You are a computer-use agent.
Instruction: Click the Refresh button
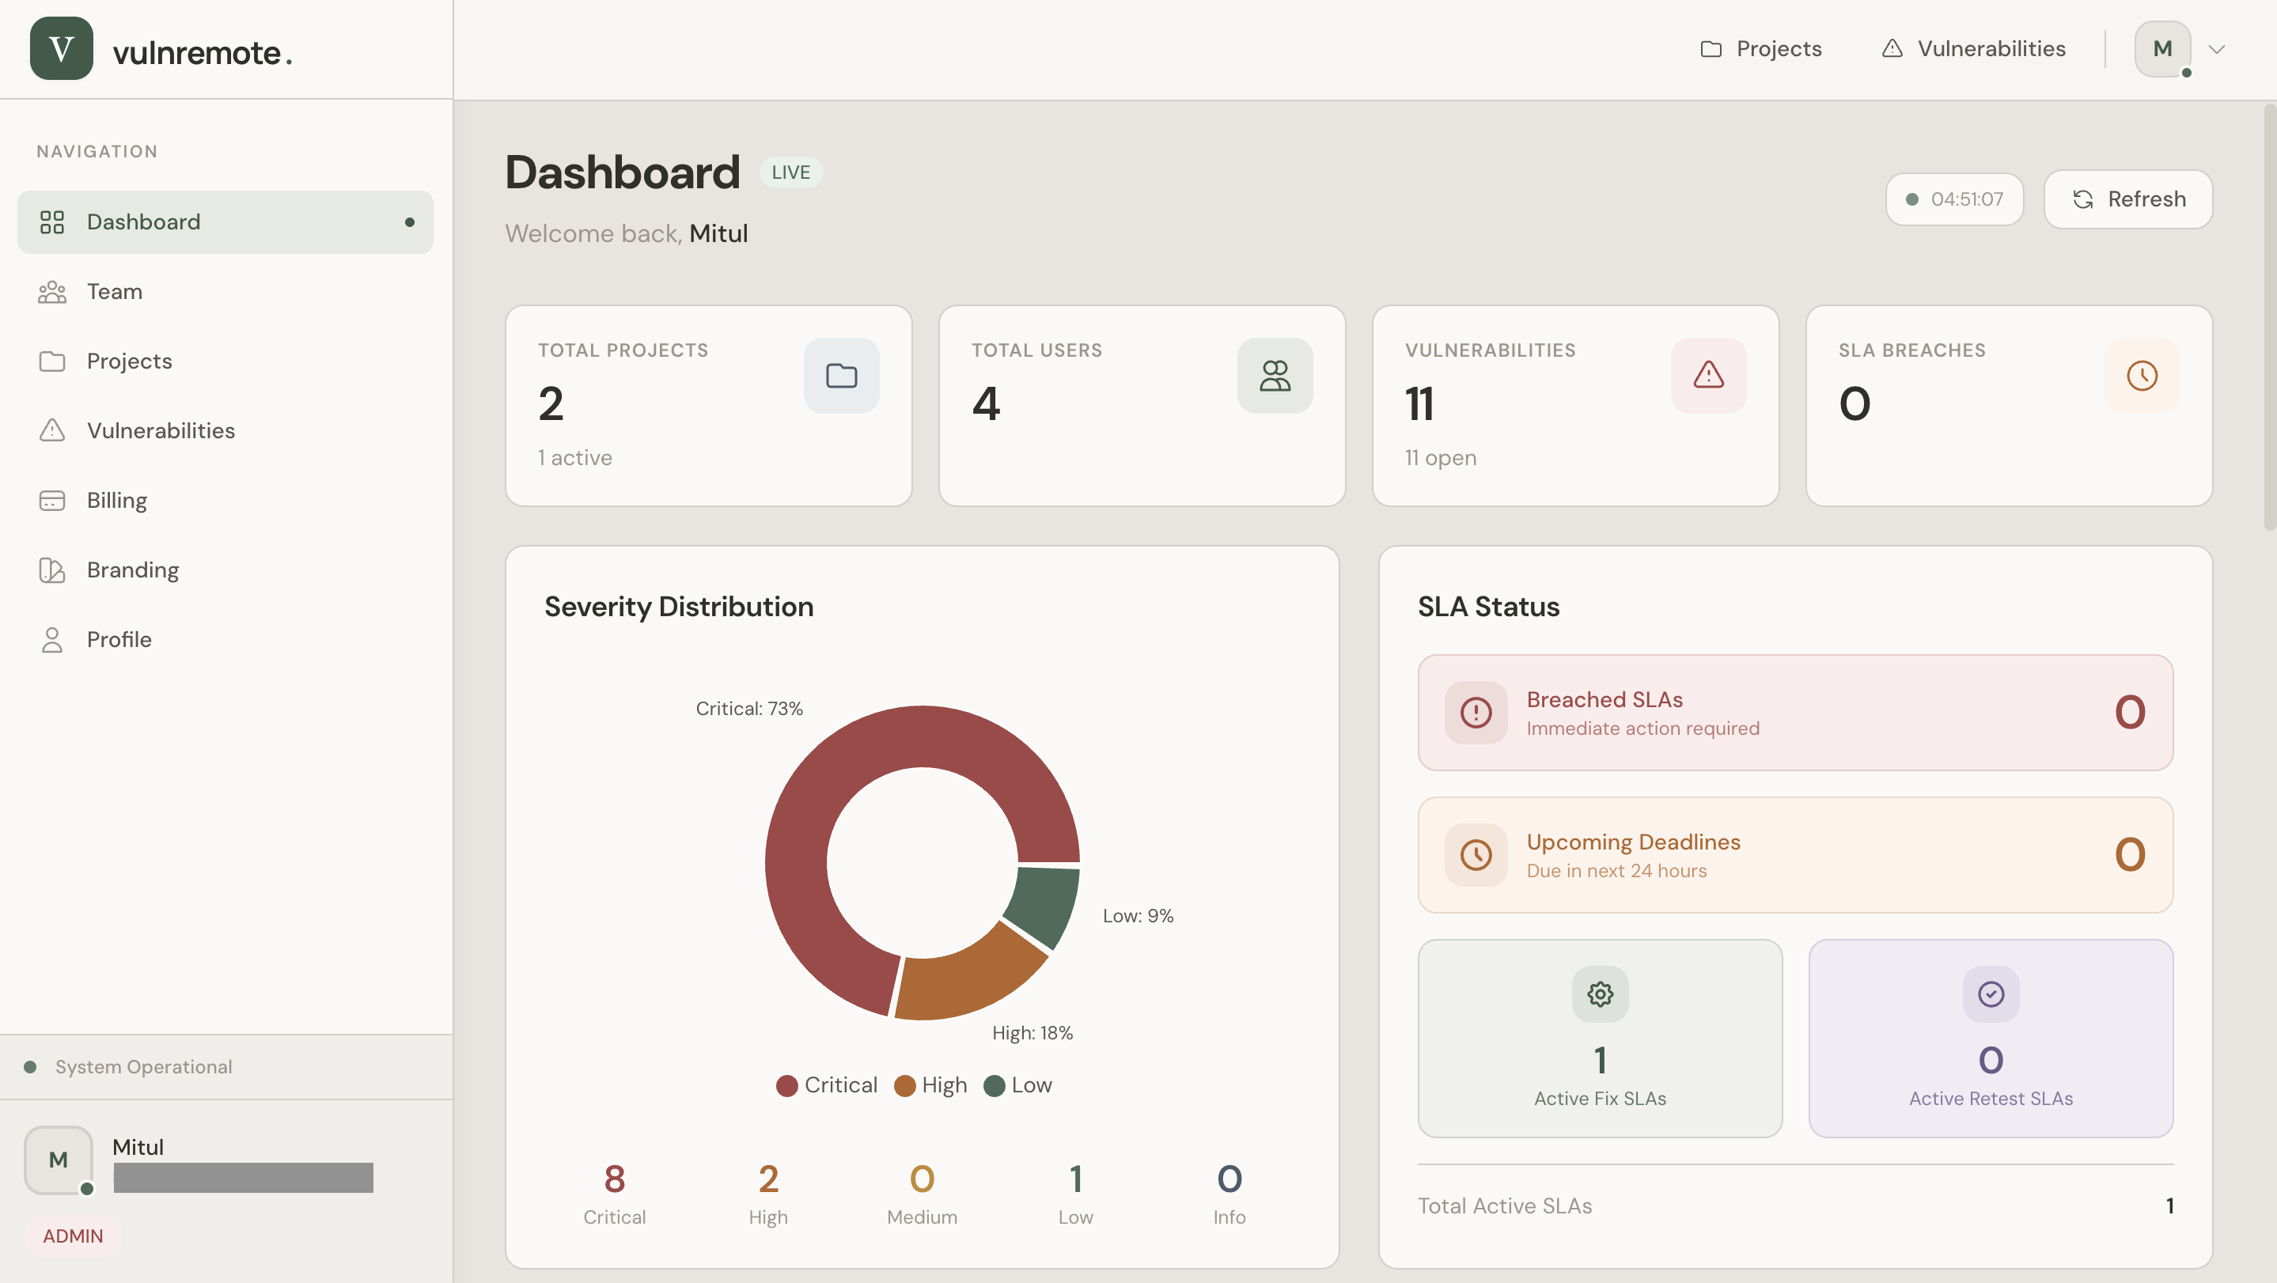pos(2127,199)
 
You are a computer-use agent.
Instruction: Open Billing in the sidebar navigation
pos(116,500)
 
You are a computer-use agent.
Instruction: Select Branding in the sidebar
pos(133,570)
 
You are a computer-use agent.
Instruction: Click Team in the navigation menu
pos(114,292)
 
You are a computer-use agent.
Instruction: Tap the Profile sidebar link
pos(119,640)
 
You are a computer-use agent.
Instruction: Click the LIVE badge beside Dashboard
pos(790,172)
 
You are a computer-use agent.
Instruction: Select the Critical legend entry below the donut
pos(827,1085)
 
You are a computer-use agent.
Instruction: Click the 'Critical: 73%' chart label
pos(748,709)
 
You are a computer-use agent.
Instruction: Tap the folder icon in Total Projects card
pos(840,376)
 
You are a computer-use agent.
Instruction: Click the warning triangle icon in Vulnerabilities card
pos(1707,376)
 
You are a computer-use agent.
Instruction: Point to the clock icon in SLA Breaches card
pos(2142,376)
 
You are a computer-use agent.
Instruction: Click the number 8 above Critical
pos(614,1179)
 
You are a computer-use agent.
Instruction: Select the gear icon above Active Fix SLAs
pos(1600,994)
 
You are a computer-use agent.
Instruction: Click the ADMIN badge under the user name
pos(73,1236)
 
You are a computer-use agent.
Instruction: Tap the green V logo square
pos(61,48)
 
